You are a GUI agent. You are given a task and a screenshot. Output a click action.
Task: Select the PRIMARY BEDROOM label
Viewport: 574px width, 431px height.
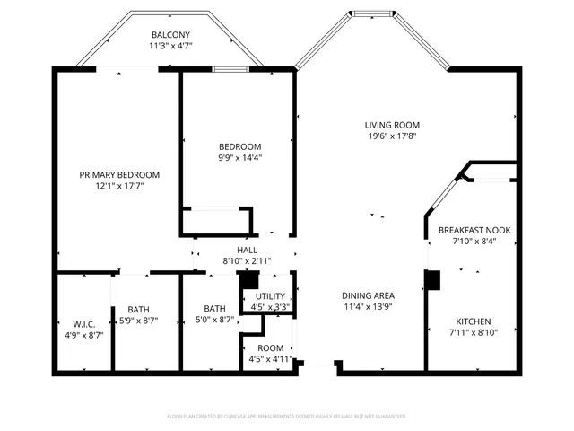(x=119, y=174)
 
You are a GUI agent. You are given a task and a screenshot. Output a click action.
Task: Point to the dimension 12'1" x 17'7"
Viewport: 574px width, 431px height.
(x=119, y=186)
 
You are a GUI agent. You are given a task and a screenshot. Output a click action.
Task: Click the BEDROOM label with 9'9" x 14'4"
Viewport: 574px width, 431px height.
(x=240, y=147)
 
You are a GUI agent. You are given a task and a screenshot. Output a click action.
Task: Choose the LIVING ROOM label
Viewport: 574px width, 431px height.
(x=393, y=125)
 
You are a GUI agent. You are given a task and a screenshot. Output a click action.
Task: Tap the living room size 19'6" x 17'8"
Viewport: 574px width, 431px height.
(x=393, y=136)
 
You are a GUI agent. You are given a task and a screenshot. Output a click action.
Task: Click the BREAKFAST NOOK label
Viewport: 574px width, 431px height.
(x=474, y=231)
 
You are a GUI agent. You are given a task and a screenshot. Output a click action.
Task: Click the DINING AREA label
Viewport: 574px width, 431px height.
(x=369, y=295)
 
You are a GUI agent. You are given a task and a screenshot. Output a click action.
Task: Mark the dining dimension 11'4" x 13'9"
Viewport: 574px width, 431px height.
(x=369, y=307)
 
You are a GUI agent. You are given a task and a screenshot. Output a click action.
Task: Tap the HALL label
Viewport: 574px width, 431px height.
(x=247, y=250)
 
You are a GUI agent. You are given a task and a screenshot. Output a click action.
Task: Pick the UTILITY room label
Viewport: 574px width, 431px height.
(x=270, y=296)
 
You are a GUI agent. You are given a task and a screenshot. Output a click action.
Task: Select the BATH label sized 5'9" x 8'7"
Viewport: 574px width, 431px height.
(x=138, y=308)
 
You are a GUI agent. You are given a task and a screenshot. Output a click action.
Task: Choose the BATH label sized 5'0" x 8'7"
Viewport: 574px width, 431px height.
(x=214, y=308)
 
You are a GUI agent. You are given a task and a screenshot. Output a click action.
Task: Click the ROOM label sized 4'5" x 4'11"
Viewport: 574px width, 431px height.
(x=270, y=348)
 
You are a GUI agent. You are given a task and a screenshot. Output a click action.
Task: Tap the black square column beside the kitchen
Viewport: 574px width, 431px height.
(x=433, y=280)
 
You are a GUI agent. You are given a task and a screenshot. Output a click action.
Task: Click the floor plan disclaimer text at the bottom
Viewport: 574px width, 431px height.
(x=287, y=417)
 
